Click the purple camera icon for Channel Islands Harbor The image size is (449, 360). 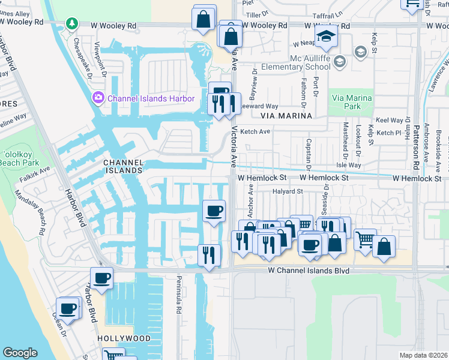pyautogui.click(x=98, y=97)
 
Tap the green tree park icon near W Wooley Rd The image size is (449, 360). pyautogui.click(x=72, y=23)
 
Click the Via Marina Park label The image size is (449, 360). pyautogui.click(x=351, y=102)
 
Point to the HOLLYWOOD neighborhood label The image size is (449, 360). pyautogui.click(x=125, y=338)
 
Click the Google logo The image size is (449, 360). pyautogui.click(x=20, y=353)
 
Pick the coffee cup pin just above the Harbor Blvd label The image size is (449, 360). pyautogui.click(x=101, y=278)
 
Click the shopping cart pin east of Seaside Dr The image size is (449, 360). pyautogui.click(x=365, y=240)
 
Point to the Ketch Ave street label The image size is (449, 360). pyautogui.click(x=255, y=131)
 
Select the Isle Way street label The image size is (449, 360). pyautogui.click(x=349, y=164)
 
